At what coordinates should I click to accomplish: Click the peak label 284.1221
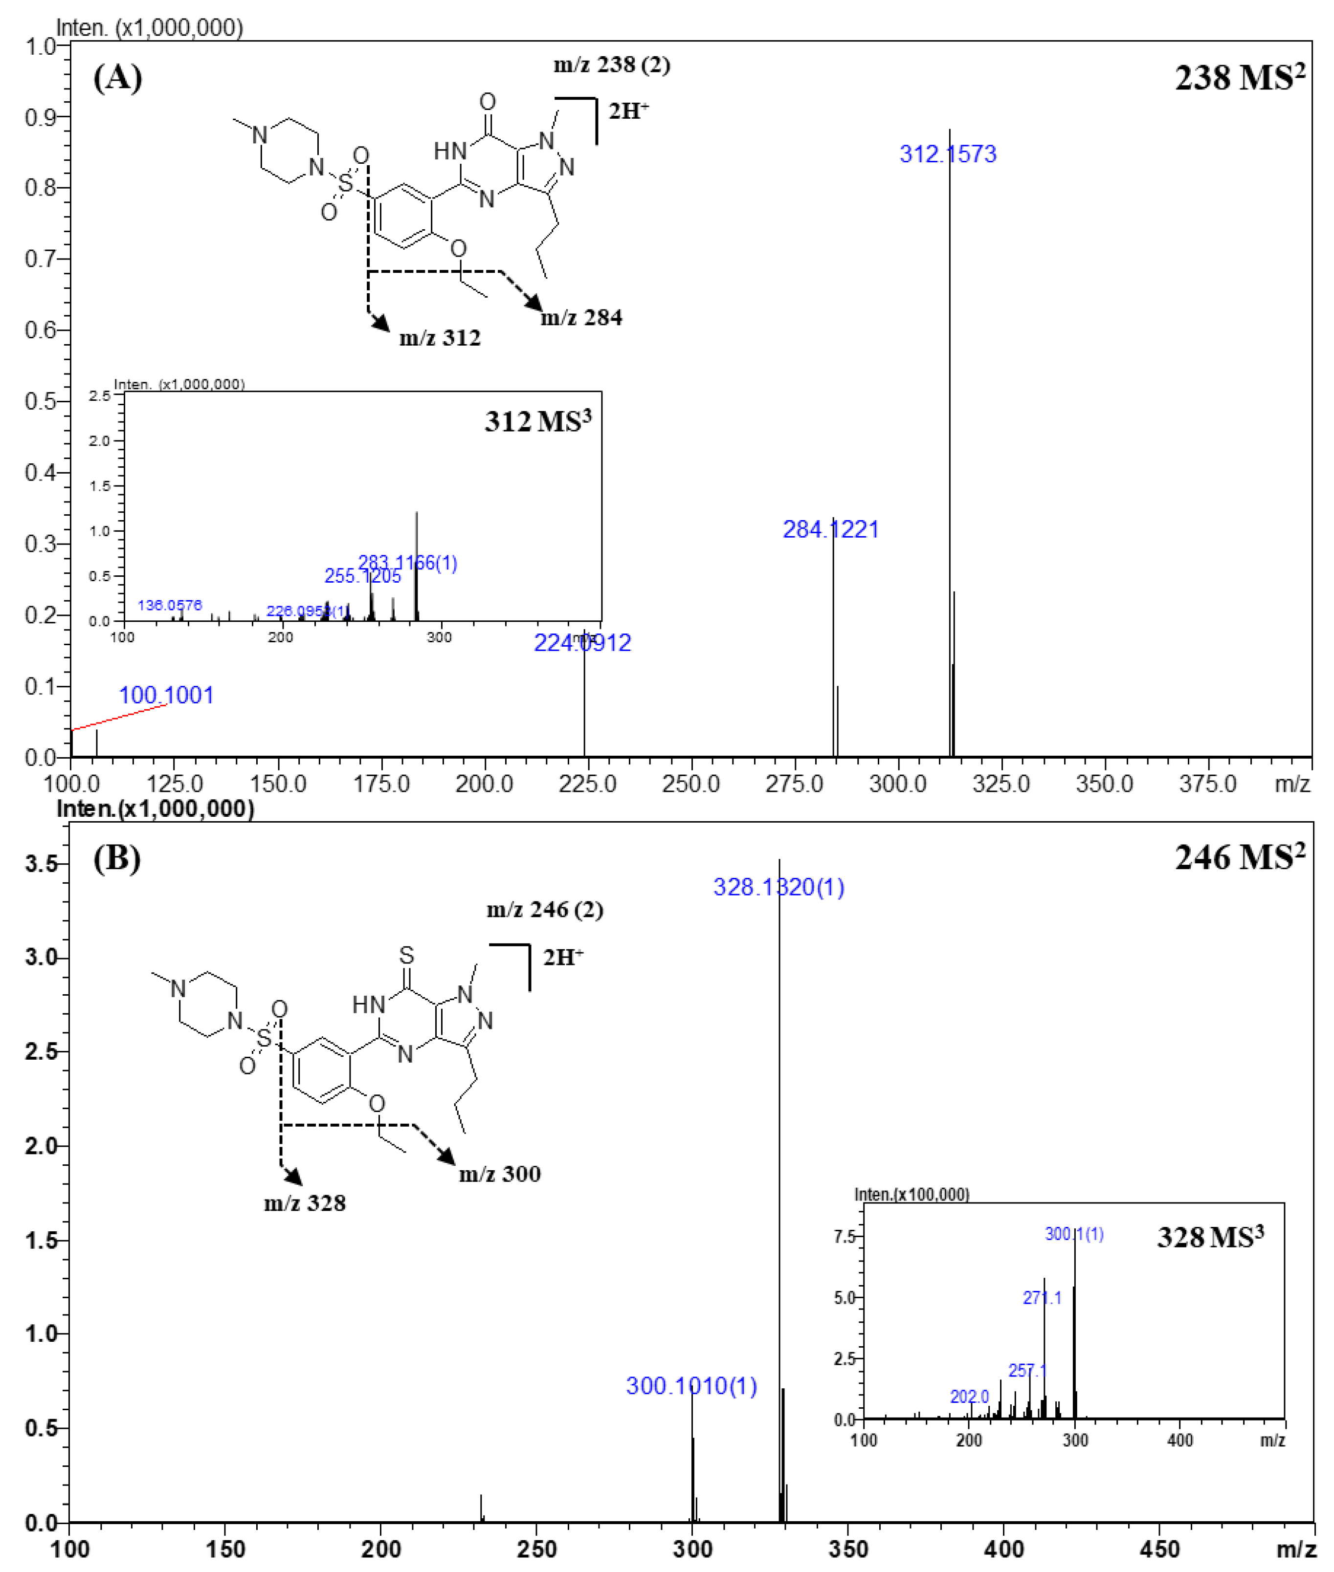[830, 529]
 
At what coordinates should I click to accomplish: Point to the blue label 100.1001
[166, 695]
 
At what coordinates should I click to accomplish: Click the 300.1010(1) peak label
[691, 1385]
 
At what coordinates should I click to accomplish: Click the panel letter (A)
[117, 77]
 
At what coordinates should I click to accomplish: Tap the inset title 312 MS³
[538, 421]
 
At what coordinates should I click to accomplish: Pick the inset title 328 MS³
[1210, 1237]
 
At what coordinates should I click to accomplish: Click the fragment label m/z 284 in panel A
[581, 317]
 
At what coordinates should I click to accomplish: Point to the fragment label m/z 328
[305, 1202]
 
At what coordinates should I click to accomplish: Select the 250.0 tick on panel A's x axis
[690, 784]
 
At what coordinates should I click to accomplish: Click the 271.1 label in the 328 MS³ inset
[1042, 1298]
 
